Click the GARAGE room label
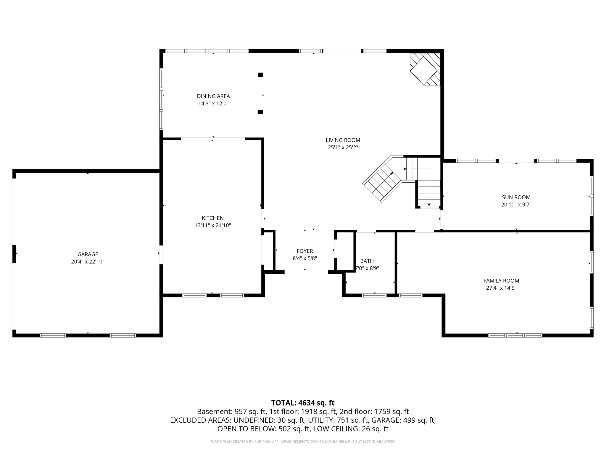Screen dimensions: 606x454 click(88, 254)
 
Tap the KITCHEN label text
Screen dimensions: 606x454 click(213, 218)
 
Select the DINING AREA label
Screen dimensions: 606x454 click(213, 96)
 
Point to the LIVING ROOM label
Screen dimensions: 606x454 click(343, 140)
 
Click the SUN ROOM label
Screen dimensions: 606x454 click(516, 197)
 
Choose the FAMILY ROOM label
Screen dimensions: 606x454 click(501, 281)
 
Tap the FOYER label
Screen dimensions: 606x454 click(305, 251)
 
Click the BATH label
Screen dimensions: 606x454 click(367, 261)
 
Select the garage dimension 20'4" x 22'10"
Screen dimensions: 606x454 click(88, 262)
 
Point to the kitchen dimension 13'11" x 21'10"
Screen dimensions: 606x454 click(213, 226)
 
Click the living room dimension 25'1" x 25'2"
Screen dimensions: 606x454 click(343, 147)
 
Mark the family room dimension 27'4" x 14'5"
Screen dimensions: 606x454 click(501, 288)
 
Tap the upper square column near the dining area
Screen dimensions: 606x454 click(260, 75)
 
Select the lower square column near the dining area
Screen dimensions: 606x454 click(260, 112)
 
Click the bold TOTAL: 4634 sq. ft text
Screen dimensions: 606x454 click(303, 403)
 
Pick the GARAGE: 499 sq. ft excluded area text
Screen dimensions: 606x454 click(404, 420)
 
